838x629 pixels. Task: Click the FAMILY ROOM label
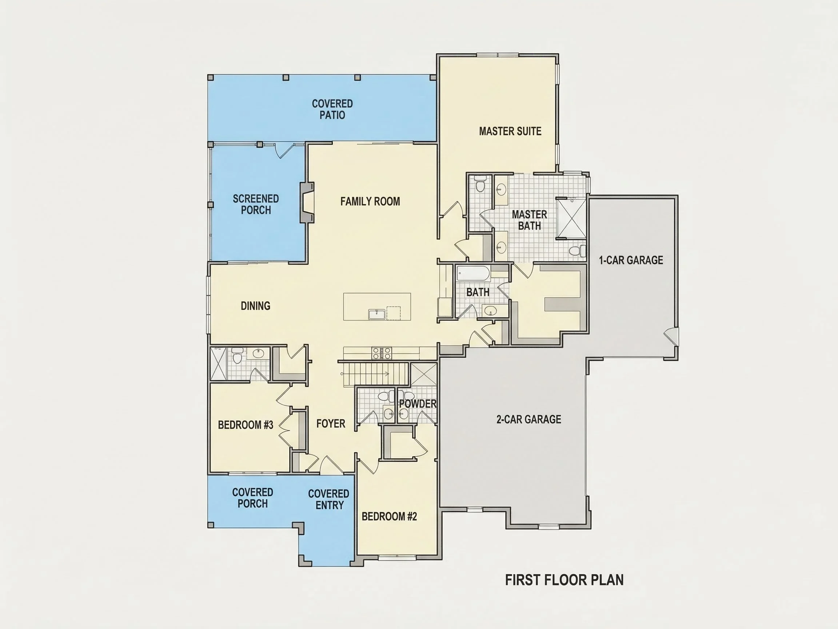pyautogui.click(x=370, y=201)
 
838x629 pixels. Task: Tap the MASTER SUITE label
pyautogui.click(x=510, y=131)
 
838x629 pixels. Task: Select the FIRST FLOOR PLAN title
pyautogui.click(x=564, y=580)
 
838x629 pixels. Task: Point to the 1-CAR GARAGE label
pyautogui.click(x=631, y=260)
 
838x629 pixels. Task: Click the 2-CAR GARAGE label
pyautogui.click(x=528, y=419)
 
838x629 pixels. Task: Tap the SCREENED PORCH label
pyautogui.click(x=256, y=204)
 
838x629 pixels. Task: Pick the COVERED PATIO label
pyautogui.click(x=332, y=109)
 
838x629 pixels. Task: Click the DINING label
pyautogui.click(x=255, y=306)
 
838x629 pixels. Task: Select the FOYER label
pyautogui.click(x=331, y=423)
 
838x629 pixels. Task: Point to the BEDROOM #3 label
pyautogui.click(x=246, y=425)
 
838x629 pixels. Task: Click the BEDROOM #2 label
pyautogui.click(x=389, y=517)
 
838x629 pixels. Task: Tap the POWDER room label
pyautogui.click(x=418, y=404)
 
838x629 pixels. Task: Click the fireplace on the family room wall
pyautogui.click(x=307, y=202)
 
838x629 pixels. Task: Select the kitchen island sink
pyautogui.click(x=377, y=314)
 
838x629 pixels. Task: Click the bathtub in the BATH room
pyautogui.click(x=473, y=273)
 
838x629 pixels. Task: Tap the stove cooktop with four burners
pyautogui.click(x=382, y=353)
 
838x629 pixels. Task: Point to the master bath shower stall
pyautogui.click(x=571, y=218)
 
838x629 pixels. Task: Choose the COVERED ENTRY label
pyautogui.click(x=329, y=499)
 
